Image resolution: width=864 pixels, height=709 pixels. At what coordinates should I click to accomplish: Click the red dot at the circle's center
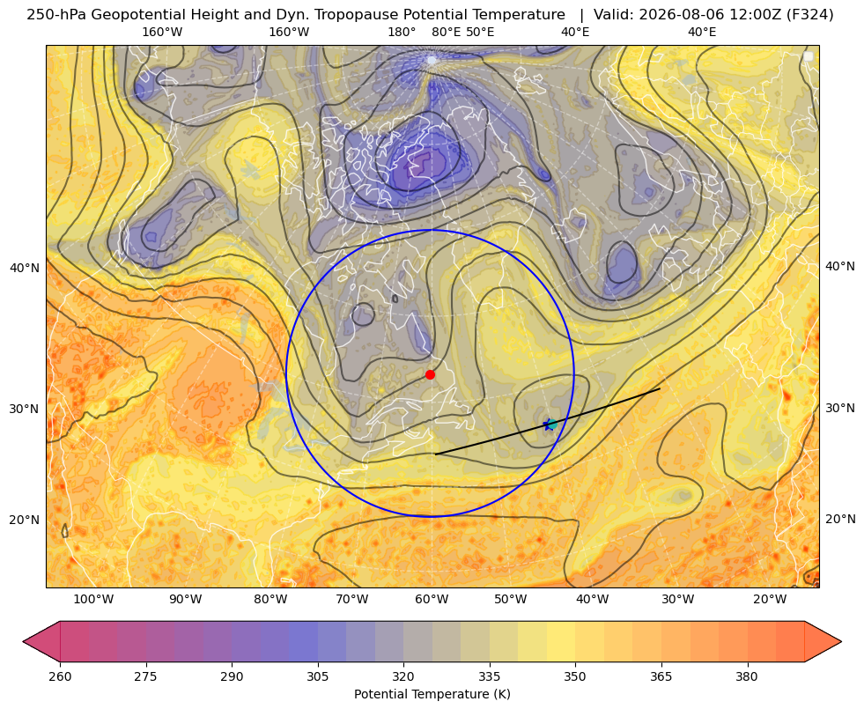point(431,374)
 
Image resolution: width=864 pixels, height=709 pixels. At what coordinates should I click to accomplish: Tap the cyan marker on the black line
point(551,425)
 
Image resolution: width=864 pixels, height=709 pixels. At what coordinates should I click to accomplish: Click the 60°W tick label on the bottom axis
point(432,599)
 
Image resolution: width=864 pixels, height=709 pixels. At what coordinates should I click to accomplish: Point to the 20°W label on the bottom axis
point(770,599)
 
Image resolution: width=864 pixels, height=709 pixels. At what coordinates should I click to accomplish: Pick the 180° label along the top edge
point(402,32)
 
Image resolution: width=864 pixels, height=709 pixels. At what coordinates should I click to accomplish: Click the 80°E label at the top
point(447,32)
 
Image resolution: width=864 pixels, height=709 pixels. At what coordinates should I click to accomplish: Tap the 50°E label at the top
point(480,32)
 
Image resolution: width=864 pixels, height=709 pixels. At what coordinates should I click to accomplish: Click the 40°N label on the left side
point(25,268)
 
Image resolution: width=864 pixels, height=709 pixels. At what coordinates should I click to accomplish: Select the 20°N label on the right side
point(840,519)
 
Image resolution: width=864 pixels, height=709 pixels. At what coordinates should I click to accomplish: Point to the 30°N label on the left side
point(25,409)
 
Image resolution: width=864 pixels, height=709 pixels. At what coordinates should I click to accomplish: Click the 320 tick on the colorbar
point(403,676)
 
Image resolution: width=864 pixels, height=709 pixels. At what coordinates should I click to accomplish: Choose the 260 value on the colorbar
point(60,676)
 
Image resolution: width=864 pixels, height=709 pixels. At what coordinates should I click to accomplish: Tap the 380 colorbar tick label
point(747,676)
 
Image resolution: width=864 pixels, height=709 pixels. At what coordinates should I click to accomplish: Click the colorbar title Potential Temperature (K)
point(432,694)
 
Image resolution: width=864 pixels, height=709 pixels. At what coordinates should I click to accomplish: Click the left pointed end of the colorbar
point(23,641)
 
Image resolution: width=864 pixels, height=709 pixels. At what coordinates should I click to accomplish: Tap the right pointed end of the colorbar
point(841,641)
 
